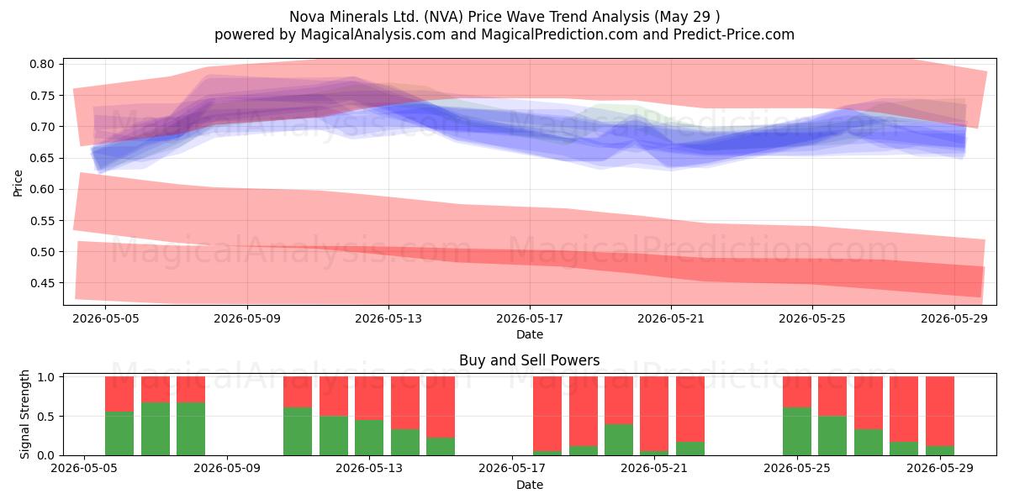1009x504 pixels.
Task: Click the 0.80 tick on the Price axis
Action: (42, 64)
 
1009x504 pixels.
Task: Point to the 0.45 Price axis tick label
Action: (42, 283)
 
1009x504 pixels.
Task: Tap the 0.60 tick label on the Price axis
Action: (42, 190)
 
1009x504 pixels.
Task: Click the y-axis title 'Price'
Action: (18, 183)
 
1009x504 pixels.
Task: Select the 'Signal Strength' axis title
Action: (24, 414)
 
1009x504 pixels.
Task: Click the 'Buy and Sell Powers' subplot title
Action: (529, 360)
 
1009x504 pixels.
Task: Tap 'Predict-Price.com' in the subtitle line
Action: (734, 34)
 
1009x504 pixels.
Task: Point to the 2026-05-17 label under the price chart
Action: (529, 318)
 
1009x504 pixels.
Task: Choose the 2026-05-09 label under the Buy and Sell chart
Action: (226, 468)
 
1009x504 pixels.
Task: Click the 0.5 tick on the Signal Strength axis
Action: (45, 417)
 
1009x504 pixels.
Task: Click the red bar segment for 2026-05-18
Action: (547, 413)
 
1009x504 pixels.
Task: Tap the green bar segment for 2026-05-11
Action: (298, 431)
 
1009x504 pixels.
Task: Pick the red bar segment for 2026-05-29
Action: (940, 412)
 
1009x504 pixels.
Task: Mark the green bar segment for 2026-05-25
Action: (797, 431)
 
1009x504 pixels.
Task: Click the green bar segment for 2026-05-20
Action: (619, 439)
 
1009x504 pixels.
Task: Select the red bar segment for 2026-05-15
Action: (441, 407)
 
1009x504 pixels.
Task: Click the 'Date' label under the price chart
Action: (529, 334)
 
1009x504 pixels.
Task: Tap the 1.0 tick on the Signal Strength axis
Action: (45, 376)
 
